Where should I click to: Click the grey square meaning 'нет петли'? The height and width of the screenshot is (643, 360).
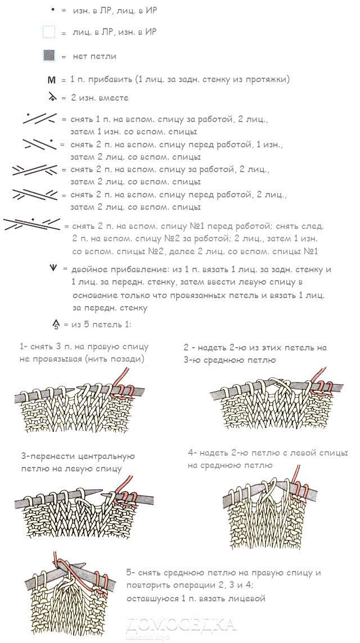tap(49, 56)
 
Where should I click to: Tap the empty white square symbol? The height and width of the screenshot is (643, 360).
tap(49, 32)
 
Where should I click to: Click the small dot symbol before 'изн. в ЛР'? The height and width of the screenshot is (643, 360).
tap(52, 10)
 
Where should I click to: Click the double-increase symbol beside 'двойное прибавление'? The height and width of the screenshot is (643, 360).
tap(53, 269)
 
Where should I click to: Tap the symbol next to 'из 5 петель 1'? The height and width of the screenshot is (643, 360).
tap(56, 325)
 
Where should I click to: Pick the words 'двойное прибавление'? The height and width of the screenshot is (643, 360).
tap(112, 269)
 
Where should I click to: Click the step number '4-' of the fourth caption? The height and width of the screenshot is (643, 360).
tap(192, 453)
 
